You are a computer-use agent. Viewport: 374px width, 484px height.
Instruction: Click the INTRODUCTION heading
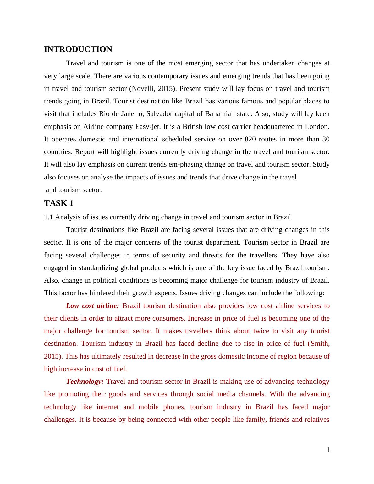[78, 49]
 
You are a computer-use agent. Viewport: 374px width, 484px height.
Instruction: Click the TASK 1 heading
[59, 203]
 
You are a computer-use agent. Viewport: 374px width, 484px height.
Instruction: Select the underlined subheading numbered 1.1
[168, 217]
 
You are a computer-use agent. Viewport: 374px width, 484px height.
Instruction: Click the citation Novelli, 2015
[152, 89]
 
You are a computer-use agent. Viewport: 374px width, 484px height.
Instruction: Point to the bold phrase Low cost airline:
[92, 306]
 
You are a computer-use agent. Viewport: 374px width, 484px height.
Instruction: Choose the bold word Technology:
[85, 382]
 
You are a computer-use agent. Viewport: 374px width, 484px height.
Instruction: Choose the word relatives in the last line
[317, 420]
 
